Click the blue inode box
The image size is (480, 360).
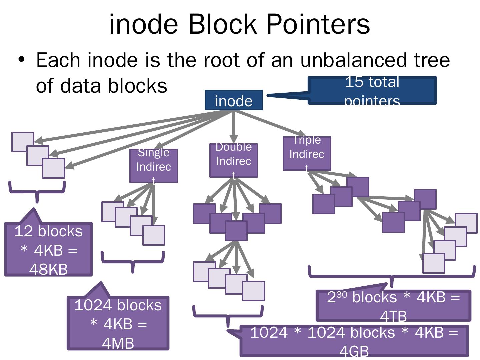(234, 100)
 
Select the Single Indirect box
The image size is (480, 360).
(153, 166)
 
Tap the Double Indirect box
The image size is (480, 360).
(233, 160)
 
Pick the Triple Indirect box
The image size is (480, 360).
(307, 154)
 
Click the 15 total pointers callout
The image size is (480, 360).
(372, 90)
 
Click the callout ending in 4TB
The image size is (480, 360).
(393, 305)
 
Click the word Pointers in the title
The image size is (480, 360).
(318, 24)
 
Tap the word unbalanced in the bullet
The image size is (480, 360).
(353, 60)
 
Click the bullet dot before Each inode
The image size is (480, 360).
(21, 60)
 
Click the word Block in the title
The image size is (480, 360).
(223, 24)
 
